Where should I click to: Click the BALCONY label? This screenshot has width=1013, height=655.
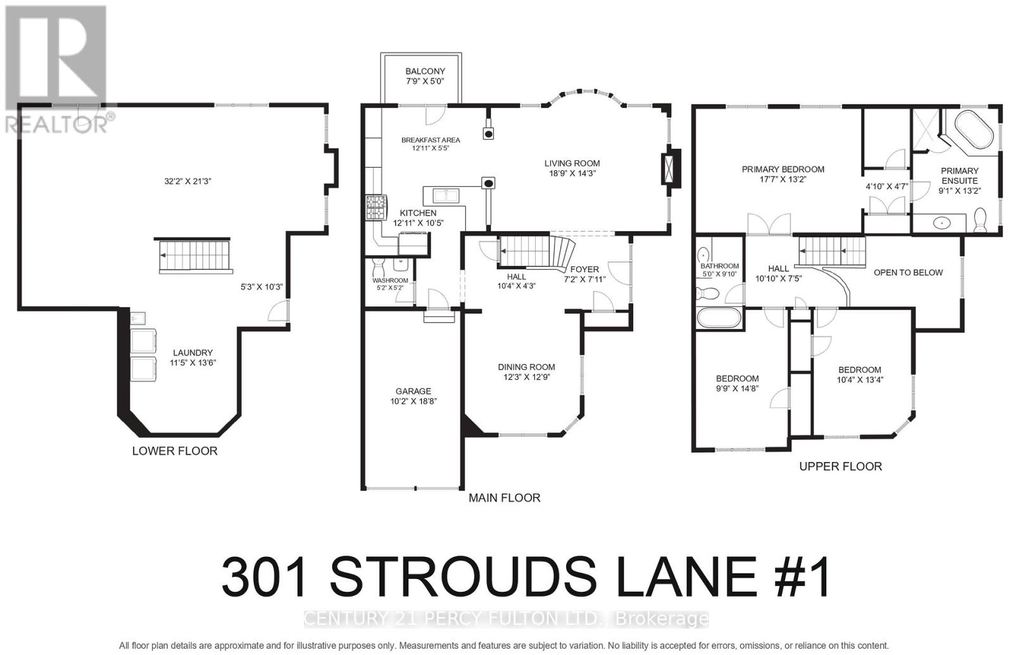click(425, 72)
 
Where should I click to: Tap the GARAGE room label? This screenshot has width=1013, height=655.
click(413, 391)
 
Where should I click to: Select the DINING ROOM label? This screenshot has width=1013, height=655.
click(526, 367)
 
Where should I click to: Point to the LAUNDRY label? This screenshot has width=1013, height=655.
click(193, 353)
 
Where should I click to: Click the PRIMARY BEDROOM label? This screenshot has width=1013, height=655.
click(783, 169)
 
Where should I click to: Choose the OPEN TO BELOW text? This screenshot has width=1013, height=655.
click(908, 273)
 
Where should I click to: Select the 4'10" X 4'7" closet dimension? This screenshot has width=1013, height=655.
click(887, 187)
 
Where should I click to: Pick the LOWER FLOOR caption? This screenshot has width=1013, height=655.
click(175, 451)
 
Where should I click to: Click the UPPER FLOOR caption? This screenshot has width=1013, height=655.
click(840, 466)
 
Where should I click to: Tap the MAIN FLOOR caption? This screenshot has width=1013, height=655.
click(504, 498)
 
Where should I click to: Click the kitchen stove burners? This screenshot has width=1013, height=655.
click(376, 208)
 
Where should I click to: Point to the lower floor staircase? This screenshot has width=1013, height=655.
click(194, 255)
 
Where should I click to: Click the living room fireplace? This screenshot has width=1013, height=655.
click(670, 166)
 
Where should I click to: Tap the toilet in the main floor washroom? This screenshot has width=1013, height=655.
click(379, 265)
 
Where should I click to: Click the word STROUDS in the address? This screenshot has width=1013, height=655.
click(463, 578)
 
